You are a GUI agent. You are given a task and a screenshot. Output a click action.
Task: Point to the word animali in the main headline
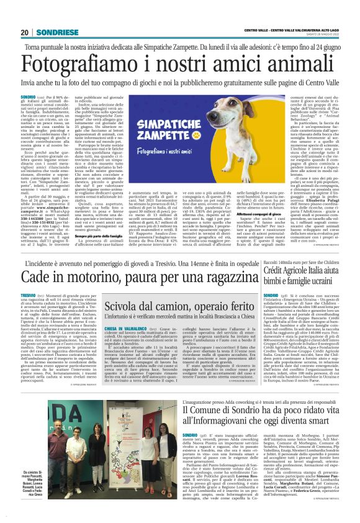(308, 68)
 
